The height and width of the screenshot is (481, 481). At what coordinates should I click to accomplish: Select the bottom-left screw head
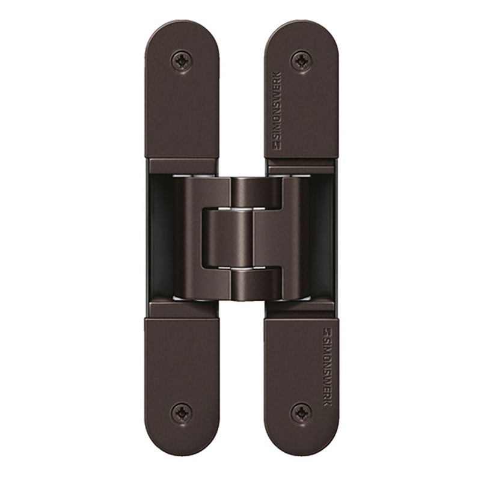182,412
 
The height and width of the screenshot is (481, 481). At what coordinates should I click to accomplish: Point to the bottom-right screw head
301,412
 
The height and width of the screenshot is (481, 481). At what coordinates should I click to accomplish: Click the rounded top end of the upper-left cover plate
182,30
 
